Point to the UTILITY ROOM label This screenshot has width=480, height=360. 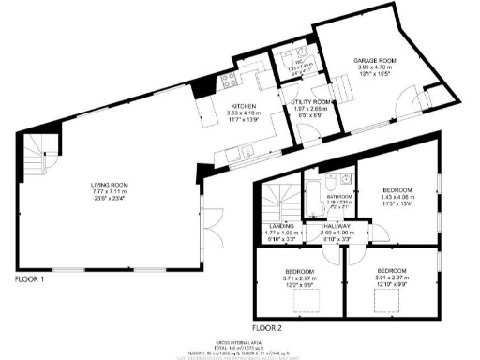click(x=311, y=100)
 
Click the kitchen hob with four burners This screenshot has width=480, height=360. click(x=227, y=80)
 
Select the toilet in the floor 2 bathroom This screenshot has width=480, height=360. click(x=345, y=182)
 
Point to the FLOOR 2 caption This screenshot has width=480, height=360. click(x=267, y=328)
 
